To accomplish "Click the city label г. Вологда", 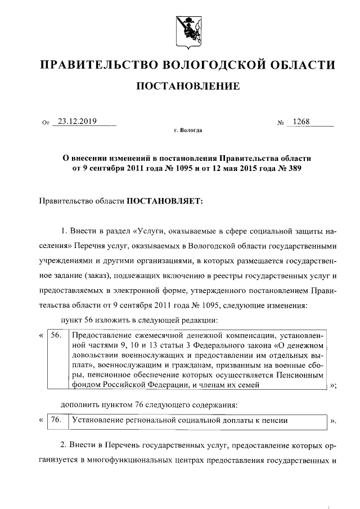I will [x=187, y=130].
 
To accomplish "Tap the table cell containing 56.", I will [x=55, y=335].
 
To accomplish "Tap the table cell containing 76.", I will [x=55, y=420].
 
